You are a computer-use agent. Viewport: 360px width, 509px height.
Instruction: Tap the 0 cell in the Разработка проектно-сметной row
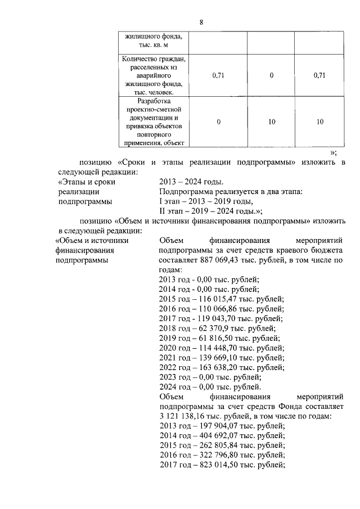point(218,121)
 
